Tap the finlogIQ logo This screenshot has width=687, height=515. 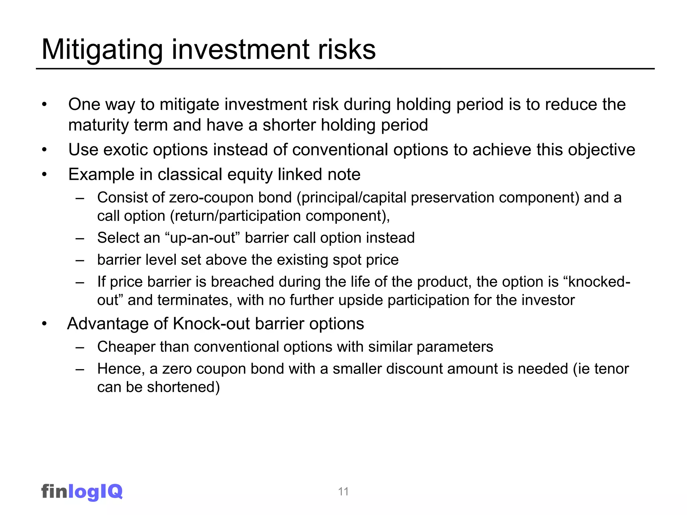pyautogui.click(x=82, y=492)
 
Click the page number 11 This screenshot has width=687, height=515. pyautogui.click(x=343, y=492)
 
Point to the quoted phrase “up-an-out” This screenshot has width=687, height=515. pyautogui.click(x=202, y=238)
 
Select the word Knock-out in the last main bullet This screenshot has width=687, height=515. pyautogui.click(x=211, y=324)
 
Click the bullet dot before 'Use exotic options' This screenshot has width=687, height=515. pyautogui.click(x=44, y=150)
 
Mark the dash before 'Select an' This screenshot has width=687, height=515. pyautogui.click(x=80, y=238)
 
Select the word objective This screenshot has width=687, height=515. pyautogui.click(x=601, y=150)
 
